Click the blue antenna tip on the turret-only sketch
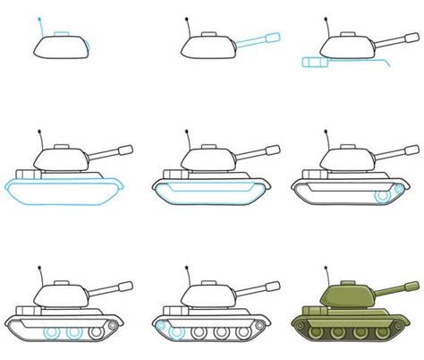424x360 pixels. (38, 18)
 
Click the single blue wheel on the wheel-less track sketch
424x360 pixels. (385, 194)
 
